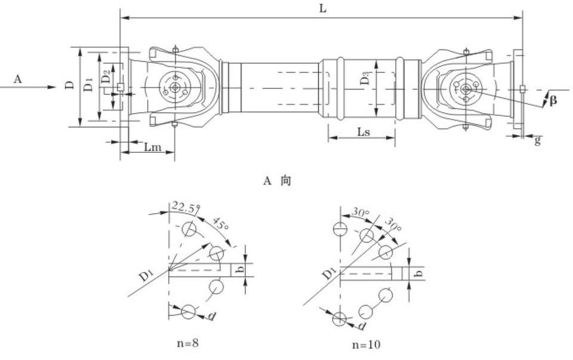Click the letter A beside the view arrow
click(x=18, y=78)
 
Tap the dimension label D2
click(x=105, y=77)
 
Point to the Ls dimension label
click(x=363, y=132)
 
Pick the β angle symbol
click(x=553, y=100)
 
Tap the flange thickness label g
click(x=538, y=140)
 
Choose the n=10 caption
click(x=365, y=344)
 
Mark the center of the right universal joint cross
click(x=465, y=88)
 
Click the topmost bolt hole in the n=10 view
click(x=339, y=229)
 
